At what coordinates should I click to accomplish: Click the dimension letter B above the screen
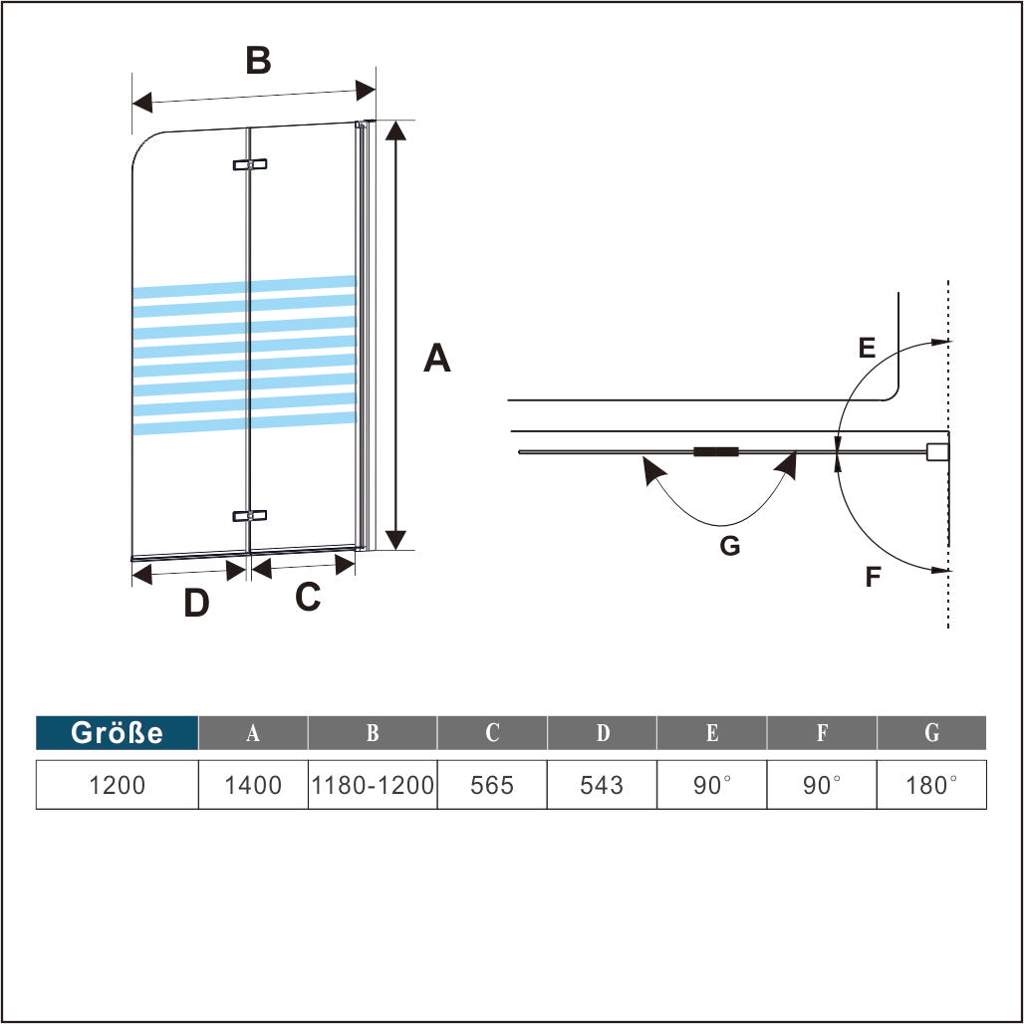pos(258,61)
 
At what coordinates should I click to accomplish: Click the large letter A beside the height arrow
pos(437,358)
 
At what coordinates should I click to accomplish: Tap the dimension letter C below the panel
pos(308,597)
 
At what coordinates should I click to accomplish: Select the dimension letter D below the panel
pos(196,603)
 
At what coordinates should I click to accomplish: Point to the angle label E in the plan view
pos(866,348)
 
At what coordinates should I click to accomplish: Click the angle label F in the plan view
pos(873,577)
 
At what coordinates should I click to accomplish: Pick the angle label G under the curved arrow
pos(730,545)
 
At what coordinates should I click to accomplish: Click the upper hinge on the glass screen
pos(250,164)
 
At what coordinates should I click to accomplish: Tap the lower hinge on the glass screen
pos(250,516)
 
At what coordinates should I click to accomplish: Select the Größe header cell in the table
pos(117,733)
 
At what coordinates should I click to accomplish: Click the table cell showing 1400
pos(253,785)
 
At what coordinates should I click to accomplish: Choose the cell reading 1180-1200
pos(373,785)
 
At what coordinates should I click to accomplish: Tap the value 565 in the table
pos(492,785)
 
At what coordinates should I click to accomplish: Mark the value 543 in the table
pos(602,785)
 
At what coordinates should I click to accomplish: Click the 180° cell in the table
pos(931,785)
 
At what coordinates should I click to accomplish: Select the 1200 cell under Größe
pos(117,785)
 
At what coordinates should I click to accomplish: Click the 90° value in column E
pos(712,785)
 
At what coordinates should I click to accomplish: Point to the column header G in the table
pos(931,733)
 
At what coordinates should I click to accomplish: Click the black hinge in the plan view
pos(716,452)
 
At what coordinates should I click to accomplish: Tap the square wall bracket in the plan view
pos(936,452)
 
